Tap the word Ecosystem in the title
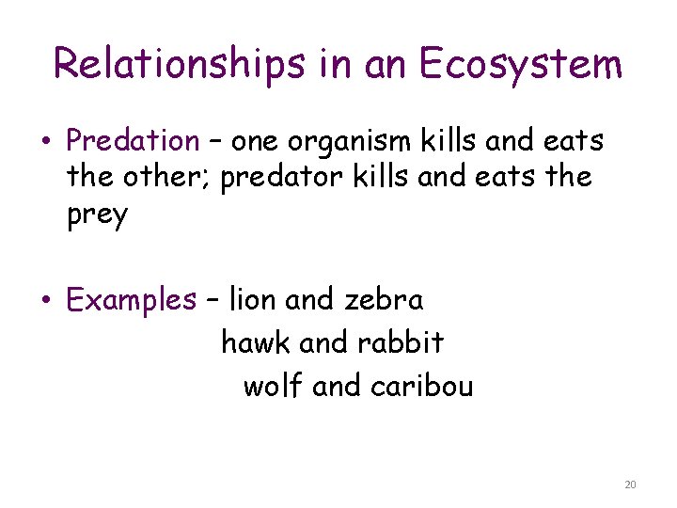520,64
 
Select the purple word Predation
133,141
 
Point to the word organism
351,141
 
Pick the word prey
97,215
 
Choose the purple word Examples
131,301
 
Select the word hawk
256,343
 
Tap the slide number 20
629,484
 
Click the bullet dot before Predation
46,143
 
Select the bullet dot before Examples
46,302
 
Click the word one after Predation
257,141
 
